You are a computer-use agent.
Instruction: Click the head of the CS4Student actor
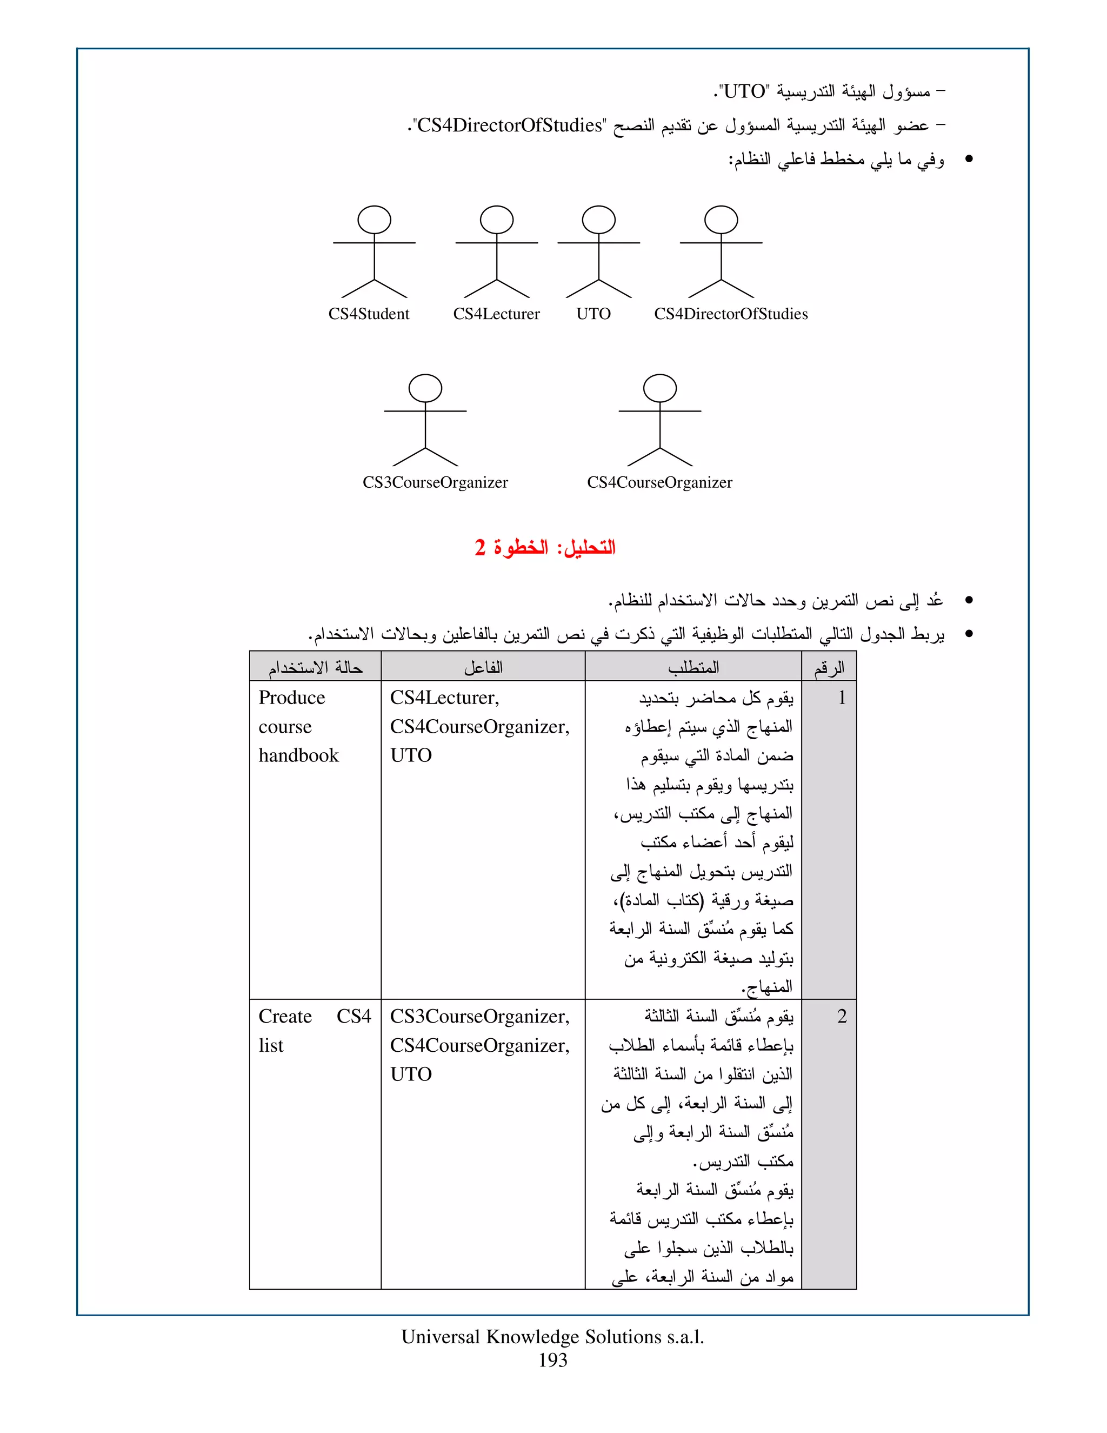(x=374, y=220)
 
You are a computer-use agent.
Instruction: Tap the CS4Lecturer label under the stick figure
(x=496, y=314)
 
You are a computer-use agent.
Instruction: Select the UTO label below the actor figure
(x=593, y=314)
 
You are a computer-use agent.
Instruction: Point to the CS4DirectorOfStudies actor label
(x=731, y=314)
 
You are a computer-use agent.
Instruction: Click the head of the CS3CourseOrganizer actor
(x=425, y=388)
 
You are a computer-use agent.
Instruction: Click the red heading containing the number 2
(x=545, y=547)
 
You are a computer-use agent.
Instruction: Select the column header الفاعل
(x=483, y=668)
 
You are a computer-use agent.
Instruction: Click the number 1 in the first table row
(x=842, y=698)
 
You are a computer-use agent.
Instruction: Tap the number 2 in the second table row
(x=842, y=1017)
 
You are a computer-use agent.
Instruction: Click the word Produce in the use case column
(x=292, y=698)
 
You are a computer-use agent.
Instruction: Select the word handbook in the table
(x=298, y=756)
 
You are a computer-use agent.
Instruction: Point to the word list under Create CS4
(x=271, y=1046)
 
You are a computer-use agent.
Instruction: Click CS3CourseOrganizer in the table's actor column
(x=479, y=1017)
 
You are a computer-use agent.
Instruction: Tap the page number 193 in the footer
(x=553, y=1360)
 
